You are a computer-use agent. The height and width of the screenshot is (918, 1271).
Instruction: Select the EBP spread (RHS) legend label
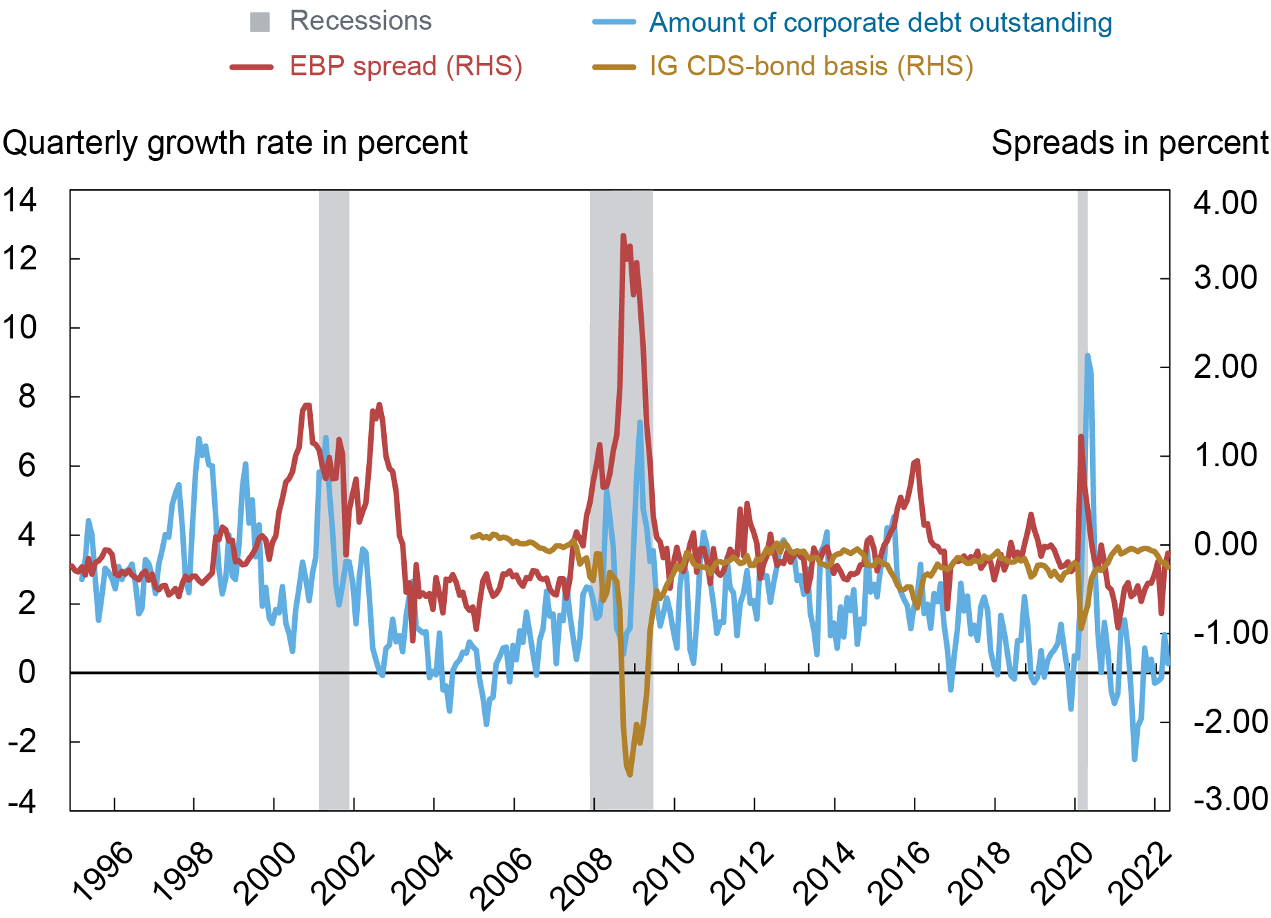point(405,67)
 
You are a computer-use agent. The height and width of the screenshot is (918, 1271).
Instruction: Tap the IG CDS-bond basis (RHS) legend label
point(811,67)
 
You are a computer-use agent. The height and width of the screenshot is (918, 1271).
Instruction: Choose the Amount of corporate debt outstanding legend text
point(880,23)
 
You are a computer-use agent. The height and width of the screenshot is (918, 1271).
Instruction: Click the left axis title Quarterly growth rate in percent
point(235,144)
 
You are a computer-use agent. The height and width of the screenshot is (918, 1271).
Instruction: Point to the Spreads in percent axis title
point(1129,144)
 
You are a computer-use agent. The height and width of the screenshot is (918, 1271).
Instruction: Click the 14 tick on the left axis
point(19,201)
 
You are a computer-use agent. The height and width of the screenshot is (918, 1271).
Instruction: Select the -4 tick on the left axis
point(22,801)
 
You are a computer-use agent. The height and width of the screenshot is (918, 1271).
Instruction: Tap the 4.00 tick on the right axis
point(1225,203)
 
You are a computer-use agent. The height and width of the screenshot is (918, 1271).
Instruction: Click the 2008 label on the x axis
point(582,872)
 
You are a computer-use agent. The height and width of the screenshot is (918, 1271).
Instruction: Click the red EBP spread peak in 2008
point(623,236)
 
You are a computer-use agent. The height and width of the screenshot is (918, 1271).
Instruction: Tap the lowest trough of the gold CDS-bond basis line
point(629,774)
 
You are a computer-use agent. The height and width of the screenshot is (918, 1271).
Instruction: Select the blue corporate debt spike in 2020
point(1088,356)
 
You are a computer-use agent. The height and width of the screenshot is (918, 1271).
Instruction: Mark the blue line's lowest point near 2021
point(1134,758)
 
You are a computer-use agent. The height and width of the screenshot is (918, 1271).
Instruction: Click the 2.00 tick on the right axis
point(1225,367)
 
